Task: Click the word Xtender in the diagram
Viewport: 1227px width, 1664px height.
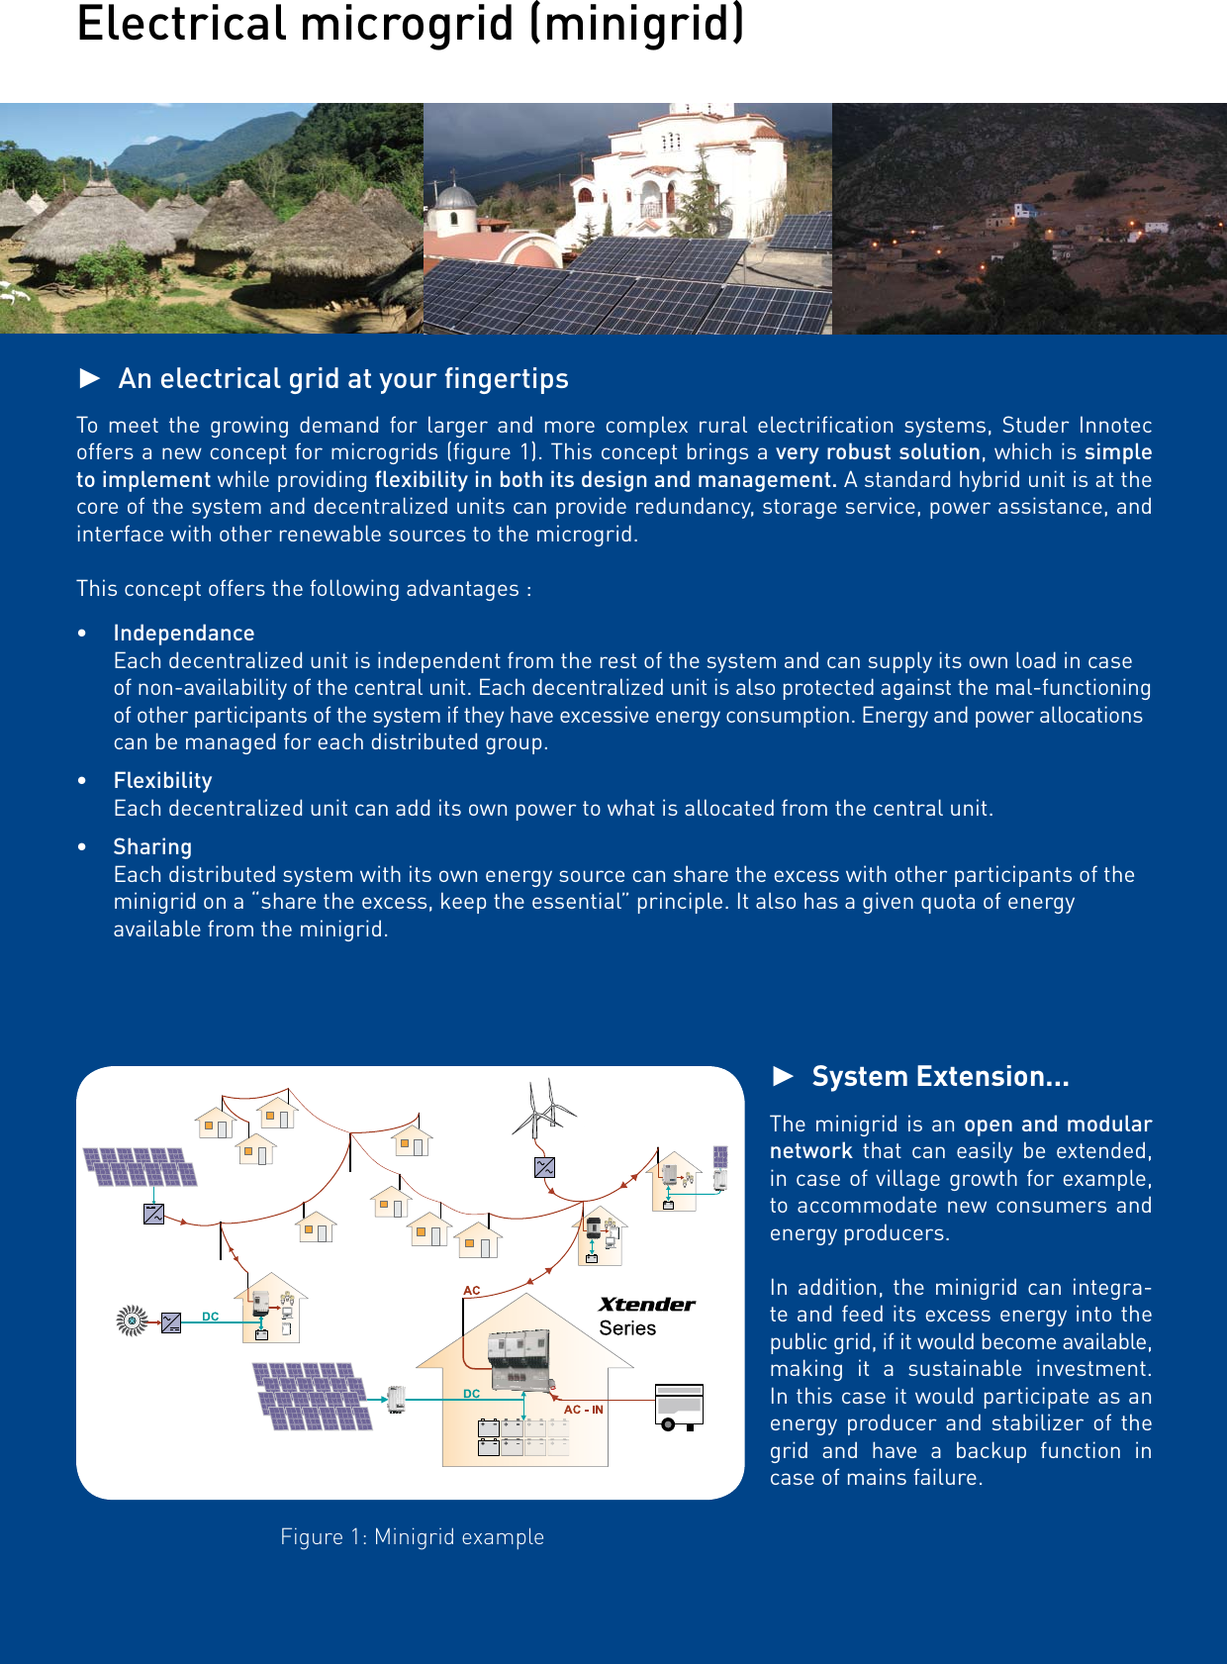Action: tap(646, 1305)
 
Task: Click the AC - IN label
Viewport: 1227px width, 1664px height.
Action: tap(584, 1410)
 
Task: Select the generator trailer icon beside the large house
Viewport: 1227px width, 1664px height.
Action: tap(679, 1407)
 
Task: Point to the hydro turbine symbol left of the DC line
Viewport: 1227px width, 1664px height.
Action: tap(131, 1321)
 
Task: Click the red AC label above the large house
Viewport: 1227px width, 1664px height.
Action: tap(472, 1291)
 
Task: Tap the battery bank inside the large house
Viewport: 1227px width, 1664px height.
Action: tap(522, 1436)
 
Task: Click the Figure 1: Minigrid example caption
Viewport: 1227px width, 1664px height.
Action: tap(412, 1536)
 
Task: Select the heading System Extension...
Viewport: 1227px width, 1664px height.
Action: tap(939, 1076)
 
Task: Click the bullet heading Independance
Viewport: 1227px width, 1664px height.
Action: tap(184, 634)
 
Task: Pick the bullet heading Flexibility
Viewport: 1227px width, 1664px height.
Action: tap(162, 781)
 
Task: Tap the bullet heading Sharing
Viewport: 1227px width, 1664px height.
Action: tap(152, 847)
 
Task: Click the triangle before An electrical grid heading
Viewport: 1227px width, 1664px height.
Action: tap(90, 378)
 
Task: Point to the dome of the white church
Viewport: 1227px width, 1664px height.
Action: tap(456, 194)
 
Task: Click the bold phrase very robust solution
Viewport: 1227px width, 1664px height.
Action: tap(878, 452)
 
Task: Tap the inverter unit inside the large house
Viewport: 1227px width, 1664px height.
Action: tap(519, 1359)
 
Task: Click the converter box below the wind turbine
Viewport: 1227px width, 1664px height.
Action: tap(544, 1167)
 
